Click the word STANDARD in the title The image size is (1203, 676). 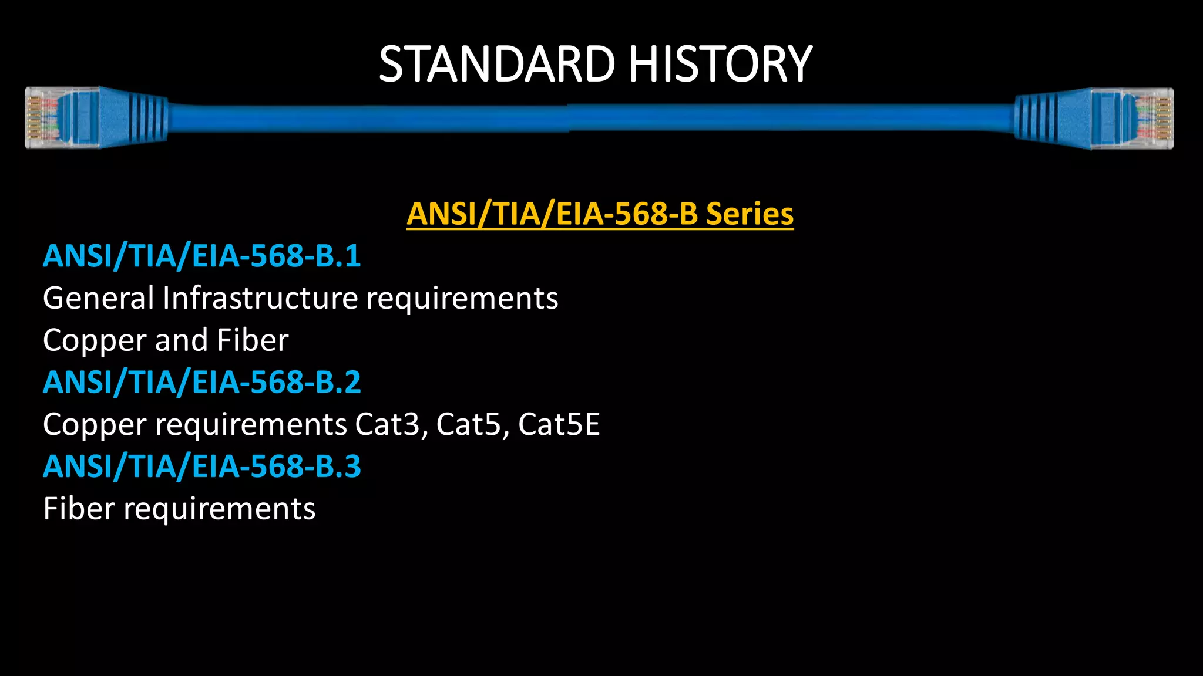point(496,64)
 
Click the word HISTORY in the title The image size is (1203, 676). point(720,64)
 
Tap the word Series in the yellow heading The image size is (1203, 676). point(750,214)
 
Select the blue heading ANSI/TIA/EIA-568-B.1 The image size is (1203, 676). point(201,256)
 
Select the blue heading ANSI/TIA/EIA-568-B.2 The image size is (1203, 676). point(201,382)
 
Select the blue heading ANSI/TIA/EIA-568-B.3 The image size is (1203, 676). point(201,467)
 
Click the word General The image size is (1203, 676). point(98,298)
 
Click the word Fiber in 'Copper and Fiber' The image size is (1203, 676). point(253,340)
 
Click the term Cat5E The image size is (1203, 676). point(559,424)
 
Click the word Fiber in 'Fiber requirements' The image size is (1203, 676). point(79,508)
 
